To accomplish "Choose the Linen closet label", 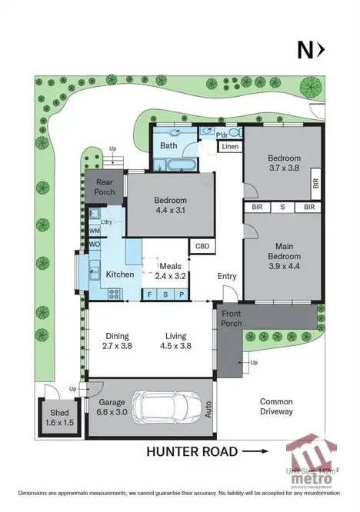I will [230, 146].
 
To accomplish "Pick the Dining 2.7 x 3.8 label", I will [118, 341].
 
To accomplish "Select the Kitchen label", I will [120, 274].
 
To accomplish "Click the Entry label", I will [227, 277].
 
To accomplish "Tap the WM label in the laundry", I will [95, 231].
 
